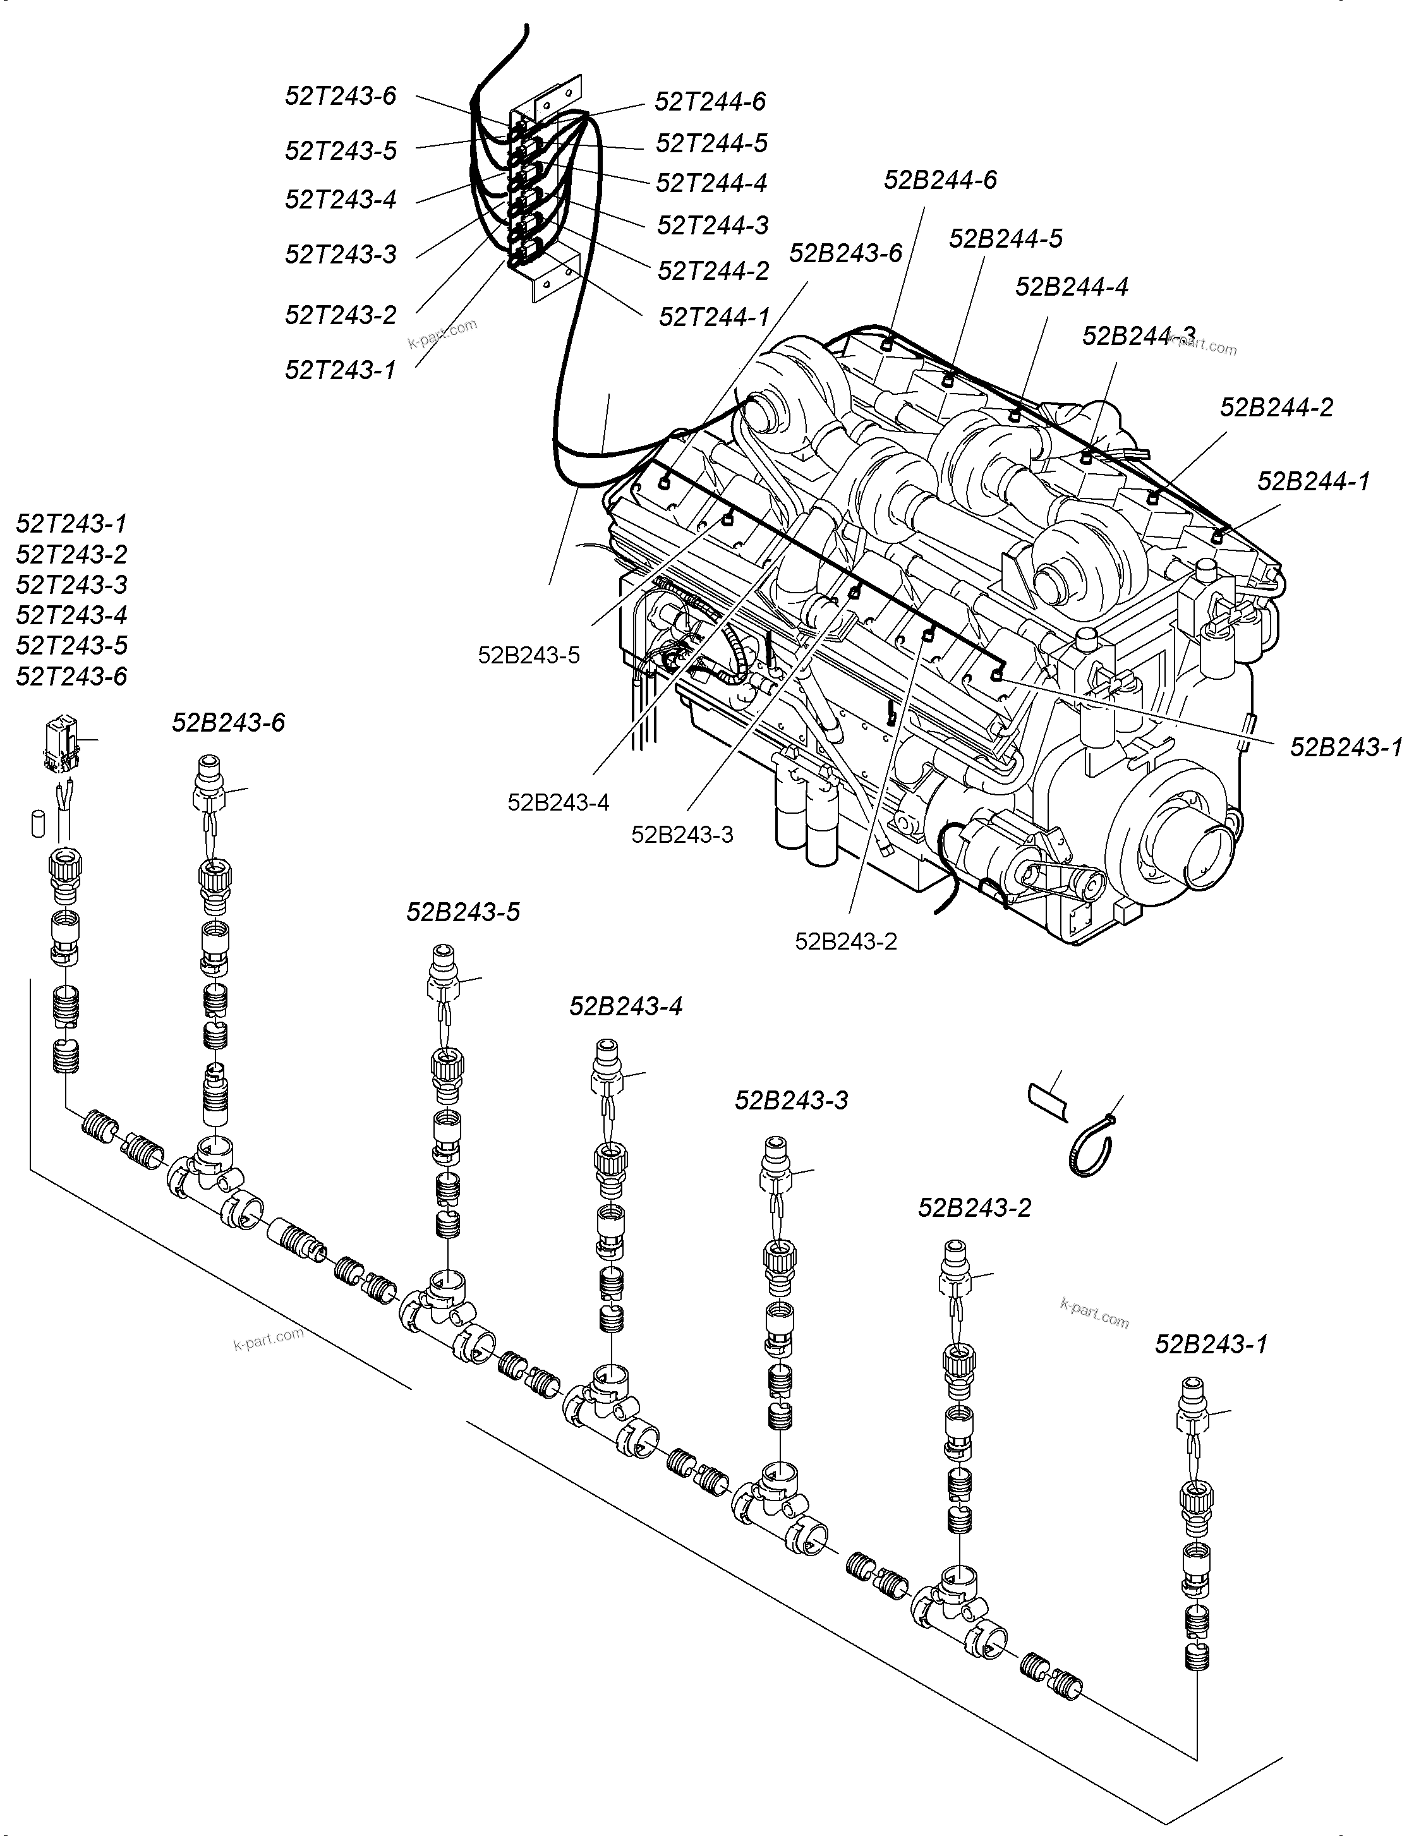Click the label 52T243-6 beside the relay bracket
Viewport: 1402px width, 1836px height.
[x=341, y=96]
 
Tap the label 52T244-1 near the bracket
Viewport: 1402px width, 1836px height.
[x=715, y=317]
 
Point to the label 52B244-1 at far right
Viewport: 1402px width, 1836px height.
[x=1313, y=481]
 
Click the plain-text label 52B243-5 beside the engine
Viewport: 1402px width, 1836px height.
[x=528, y=655]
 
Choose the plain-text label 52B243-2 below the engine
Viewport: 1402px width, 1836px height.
[x=845, y=941]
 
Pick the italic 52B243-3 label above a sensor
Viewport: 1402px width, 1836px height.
[x=791, y=1100]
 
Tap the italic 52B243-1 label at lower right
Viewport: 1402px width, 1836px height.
[x=1211, y=1344]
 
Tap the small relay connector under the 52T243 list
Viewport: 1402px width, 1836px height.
[x=63, y=741]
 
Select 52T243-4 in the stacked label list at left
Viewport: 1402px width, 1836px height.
[x=72, y=615]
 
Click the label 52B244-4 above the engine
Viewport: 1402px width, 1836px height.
[x=1072, y=286]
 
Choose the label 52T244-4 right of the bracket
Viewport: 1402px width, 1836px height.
[x=711, y=183]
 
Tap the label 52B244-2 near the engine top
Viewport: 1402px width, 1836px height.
[x=1276, y=408]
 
